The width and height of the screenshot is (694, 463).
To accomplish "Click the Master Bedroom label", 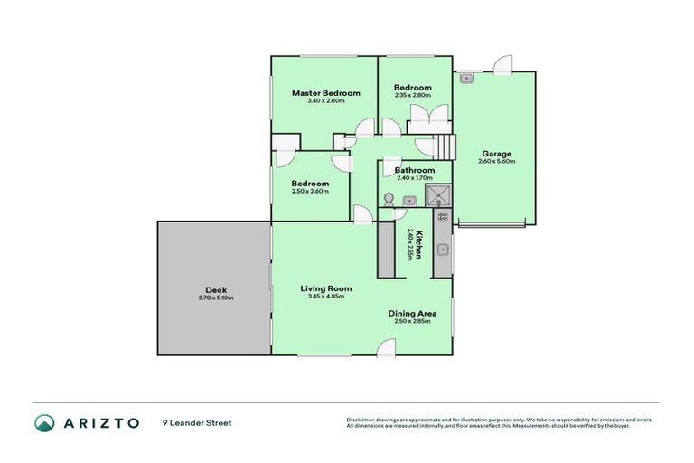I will pyautogui.click(x=325, y=93).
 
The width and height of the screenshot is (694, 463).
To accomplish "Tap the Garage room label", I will pyautogui.click(x=496, y=154).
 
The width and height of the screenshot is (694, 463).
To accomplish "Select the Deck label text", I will pyautogui.click(x=215, y=290).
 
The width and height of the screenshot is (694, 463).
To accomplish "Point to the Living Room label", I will pyautogui.click(x=325, y=288).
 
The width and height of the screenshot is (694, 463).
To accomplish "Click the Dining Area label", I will pyautogui.click(x=411, y=313).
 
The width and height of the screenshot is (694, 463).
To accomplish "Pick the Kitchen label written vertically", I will pyautogui.click(x=418, y=242).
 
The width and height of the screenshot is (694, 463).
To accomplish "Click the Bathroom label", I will pyautogui.click(x=414, y=170).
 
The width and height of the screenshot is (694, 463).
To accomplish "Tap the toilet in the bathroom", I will pyautogui.click(x=389, y=200).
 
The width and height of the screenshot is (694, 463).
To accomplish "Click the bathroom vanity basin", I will pyautogui.click(x=408, y=201).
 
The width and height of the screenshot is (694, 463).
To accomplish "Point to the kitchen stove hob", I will pyautogui.click(x=443, y=217).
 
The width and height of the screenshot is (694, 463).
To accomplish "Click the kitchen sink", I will pyautogui.click(x=443, y=249).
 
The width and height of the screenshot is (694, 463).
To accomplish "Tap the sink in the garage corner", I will pyautogui.click(x=466, y=79).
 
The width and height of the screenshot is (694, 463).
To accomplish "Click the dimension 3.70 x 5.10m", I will pyautogui.click(x=215, y=298).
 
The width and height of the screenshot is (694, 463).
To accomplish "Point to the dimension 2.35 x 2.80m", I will pyautogui.click(x=412, y=95).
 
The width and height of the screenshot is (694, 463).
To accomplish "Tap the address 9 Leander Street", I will pyautogui.click(x=197, y=422).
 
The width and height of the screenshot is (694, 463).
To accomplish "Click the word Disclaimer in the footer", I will pyautogui.click(x=361, y=420).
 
